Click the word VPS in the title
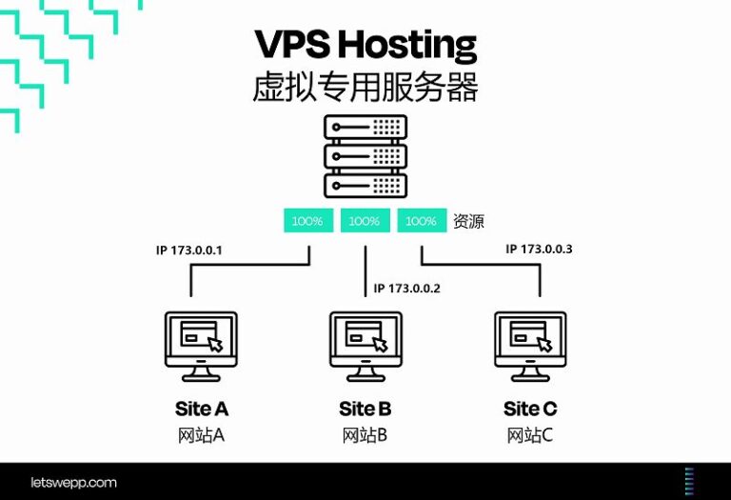[292, 45]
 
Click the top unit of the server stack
[365, 127]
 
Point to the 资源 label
[468, 222]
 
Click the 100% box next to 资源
[421, 221]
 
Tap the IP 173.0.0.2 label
[407, 288]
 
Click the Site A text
[202, 410]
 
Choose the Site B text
[365, 410]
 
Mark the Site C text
[530, 410]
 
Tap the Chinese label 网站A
[201, 436]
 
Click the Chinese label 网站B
[365, 436]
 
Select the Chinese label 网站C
[530, 436]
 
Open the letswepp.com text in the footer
[72, 483]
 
